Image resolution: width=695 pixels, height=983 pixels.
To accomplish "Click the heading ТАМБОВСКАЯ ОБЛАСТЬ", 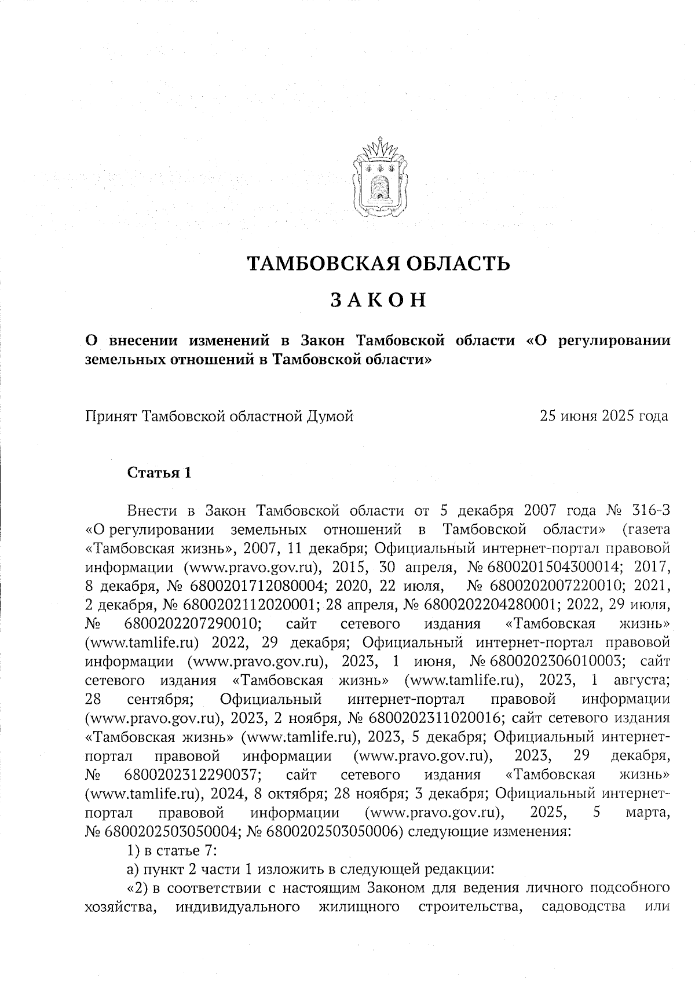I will [x=379, y=264].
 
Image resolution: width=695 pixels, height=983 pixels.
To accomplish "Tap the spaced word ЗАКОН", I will [x=379, y=300].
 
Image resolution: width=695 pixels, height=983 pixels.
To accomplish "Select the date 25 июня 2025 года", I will [x=603, y=416].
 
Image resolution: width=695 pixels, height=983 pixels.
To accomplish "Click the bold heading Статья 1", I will [x=159, y=473].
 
